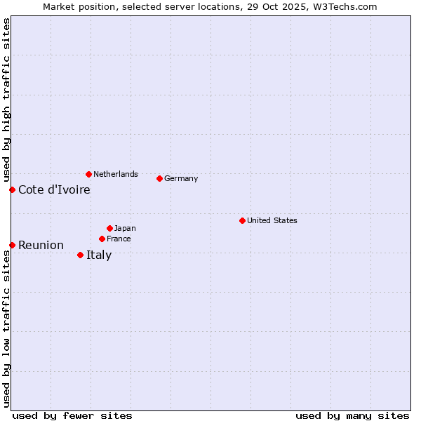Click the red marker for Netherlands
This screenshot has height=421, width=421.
pyautogui.click(x=88, y=174)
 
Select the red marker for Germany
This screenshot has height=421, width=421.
pyautogui.click(x=159, y=178)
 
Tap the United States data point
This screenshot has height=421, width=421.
pyautogui.click(x=242, y=220)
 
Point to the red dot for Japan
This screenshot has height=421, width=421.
pyautogui.click(x=109, y=228)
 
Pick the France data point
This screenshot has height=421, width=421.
pyautogui.click(x=102, y=239)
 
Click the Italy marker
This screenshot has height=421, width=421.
pyautogui.click(x=80, y=255)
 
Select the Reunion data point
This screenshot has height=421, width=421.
pyautogui.click(x=12, y=245)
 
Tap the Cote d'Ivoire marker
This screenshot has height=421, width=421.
pyautogui.click(x=12, y=189)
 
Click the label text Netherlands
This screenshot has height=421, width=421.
pyautogui.click(x=115, y=174)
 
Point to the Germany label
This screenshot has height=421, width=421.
pyautogui.click(x=181, y=178)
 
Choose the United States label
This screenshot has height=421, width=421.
pyautogui.click(x=272, y=220)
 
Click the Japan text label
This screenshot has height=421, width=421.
pyautogui.click(x=125, y=228)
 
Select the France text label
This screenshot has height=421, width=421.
pyautogui.click(x=119, y=239)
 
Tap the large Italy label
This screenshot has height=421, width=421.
pyautogui.click(x=99, y=255)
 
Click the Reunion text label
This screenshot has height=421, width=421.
pyautogui.click(x=41, y=245)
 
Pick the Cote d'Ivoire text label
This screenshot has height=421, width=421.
pyautogui.click(x=54, y=189)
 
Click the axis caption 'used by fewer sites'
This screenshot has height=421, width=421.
pyautogui.click(x=72, y=415)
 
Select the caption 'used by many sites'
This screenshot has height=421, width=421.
pyautogui.click(x=352, y=415)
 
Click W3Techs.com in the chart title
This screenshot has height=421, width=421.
pyautogui.click(x=345, y=6)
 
